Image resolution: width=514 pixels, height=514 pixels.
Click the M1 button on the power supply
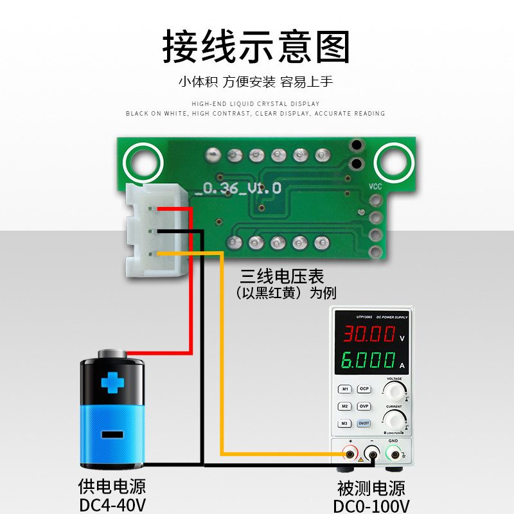(345, 389)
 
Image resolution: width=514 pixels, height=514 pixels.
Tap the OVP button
(364, 406)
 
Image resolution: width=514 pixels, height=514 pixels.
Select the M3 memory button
(345, 423)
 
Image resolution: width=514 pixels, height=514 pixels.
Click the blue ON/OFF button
(364, 423)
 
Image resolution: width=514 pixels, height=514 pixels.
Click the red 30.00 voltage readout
(369, 334)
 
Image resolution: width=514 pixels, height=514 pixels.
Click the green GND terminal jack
(393, 455)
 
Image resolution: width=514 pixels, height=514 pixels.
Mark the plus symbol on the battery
(114, 384)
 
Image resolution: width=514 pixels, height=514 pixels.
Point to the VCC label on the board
(376, 186)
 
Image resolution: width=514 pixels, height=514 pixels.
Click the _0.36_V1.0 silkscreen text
(242, 188)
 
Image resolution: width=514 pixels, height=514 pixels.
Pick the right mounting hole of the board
(393, 161)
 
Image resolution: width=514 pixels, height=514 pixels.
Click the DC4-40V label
(113, 505)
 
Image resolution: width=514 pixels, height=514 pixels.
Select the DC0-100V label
(371, 506)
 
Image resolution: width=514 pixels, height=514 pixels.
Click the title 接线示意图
(256, 46)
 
